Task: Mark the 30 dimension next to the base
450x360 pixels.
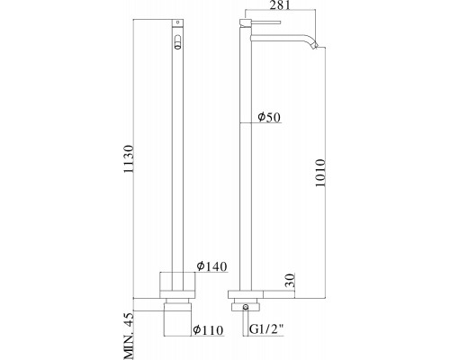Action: (289, 283)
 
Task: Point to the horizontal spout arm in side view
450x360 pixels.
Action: (279, 40)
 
